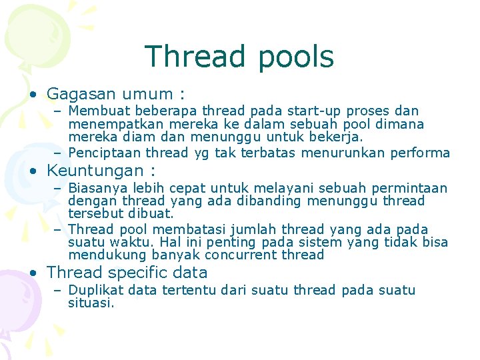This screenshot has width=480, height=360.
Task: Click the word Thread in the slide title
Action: [x=192, y=57]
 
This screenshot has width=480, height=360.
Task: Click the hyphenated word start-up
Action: [x=319, y=111]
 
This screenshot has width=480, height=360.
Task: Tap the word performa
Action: [x=422, y=153]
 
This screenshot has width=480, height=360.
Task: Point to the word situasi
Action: [x=91, y=303]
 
